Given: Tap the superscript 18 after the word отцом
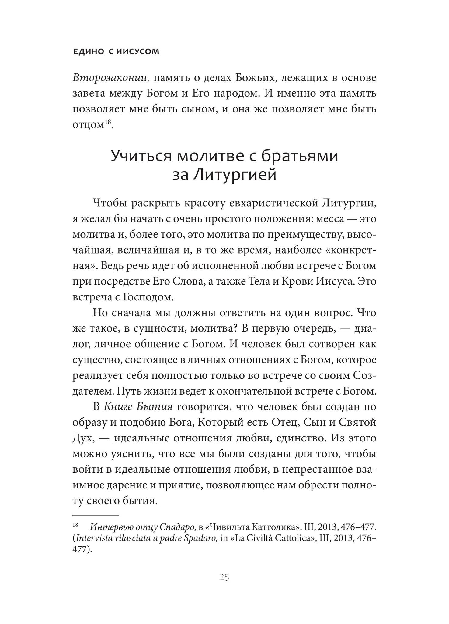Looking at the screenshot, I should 108,122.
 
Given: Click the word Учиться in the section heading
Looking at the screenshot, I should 140,156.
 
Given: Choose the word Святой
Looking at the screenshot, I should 358,423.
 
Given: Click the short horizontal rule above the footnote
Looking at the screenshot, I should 95,515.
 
